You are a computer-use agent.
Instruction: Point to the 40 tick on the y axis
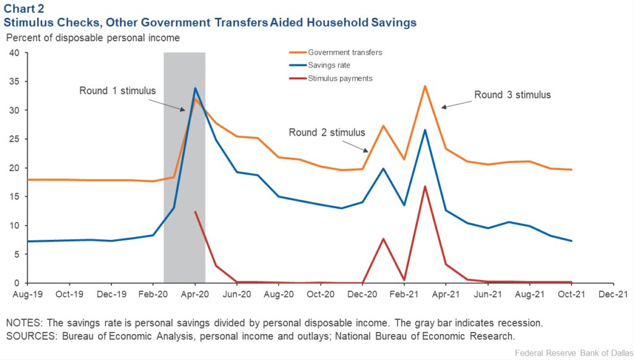coord(13,53)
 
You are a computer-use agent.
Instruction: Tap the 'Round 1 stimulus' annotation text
coord(117,90)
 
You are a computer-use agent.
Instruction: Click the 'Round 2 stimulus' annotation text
coord(327,132)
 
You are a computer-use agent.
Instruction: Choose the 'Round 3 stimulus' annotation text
coord(512,95)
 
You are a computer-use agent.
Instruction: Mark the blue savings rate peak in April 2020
coord(195,88)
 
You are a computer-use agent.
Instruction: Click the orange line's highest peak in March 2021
coord(425,86)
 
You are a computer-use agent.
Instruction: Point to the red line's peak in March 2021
coord(425,187)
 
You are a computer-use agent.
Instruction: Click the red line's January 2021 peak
coord(383,239)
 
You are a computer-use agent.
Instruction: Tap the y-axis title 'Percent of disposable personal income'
coord(93,38)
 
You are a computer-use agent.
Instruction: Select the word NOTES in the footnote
coord(22,323)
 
